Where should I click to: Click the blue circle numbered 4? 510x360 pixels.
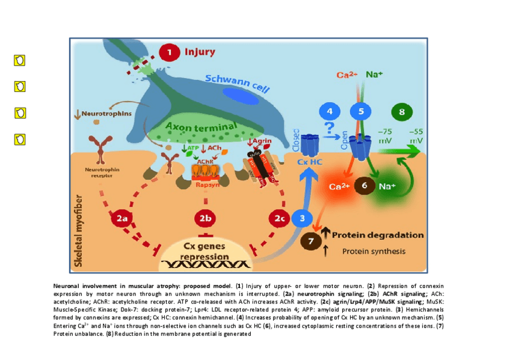pyautogui.click(x=329, y=111)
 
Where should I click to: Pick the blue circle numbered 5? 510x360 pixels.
pyautogui.click(x=361, y=111)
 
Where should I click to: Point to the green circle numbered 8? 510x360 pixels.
pyautogui.click(x=402, y=112)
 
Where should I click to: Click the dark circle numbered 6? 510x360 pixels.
pyautogui.click(x=364, y=186)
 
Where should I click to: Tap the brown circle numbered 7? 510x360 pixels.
pyautogui.click(x=311, y=240)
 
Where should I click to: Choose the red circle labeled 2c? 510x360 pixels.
pyautogui.click(x=279, y=219)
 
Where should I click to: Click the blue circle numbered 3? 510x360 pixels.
pyautogui.click(x=303, y=218)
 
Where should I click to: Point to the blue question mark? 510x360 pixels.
pyautogui.click(x=329, y=129)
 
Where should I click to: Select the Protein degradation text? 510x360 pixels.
pyautogui.click(x=378, y=235)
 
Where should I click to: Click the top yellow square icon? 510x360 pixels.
pyautogui.click(x=20, y=60)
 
